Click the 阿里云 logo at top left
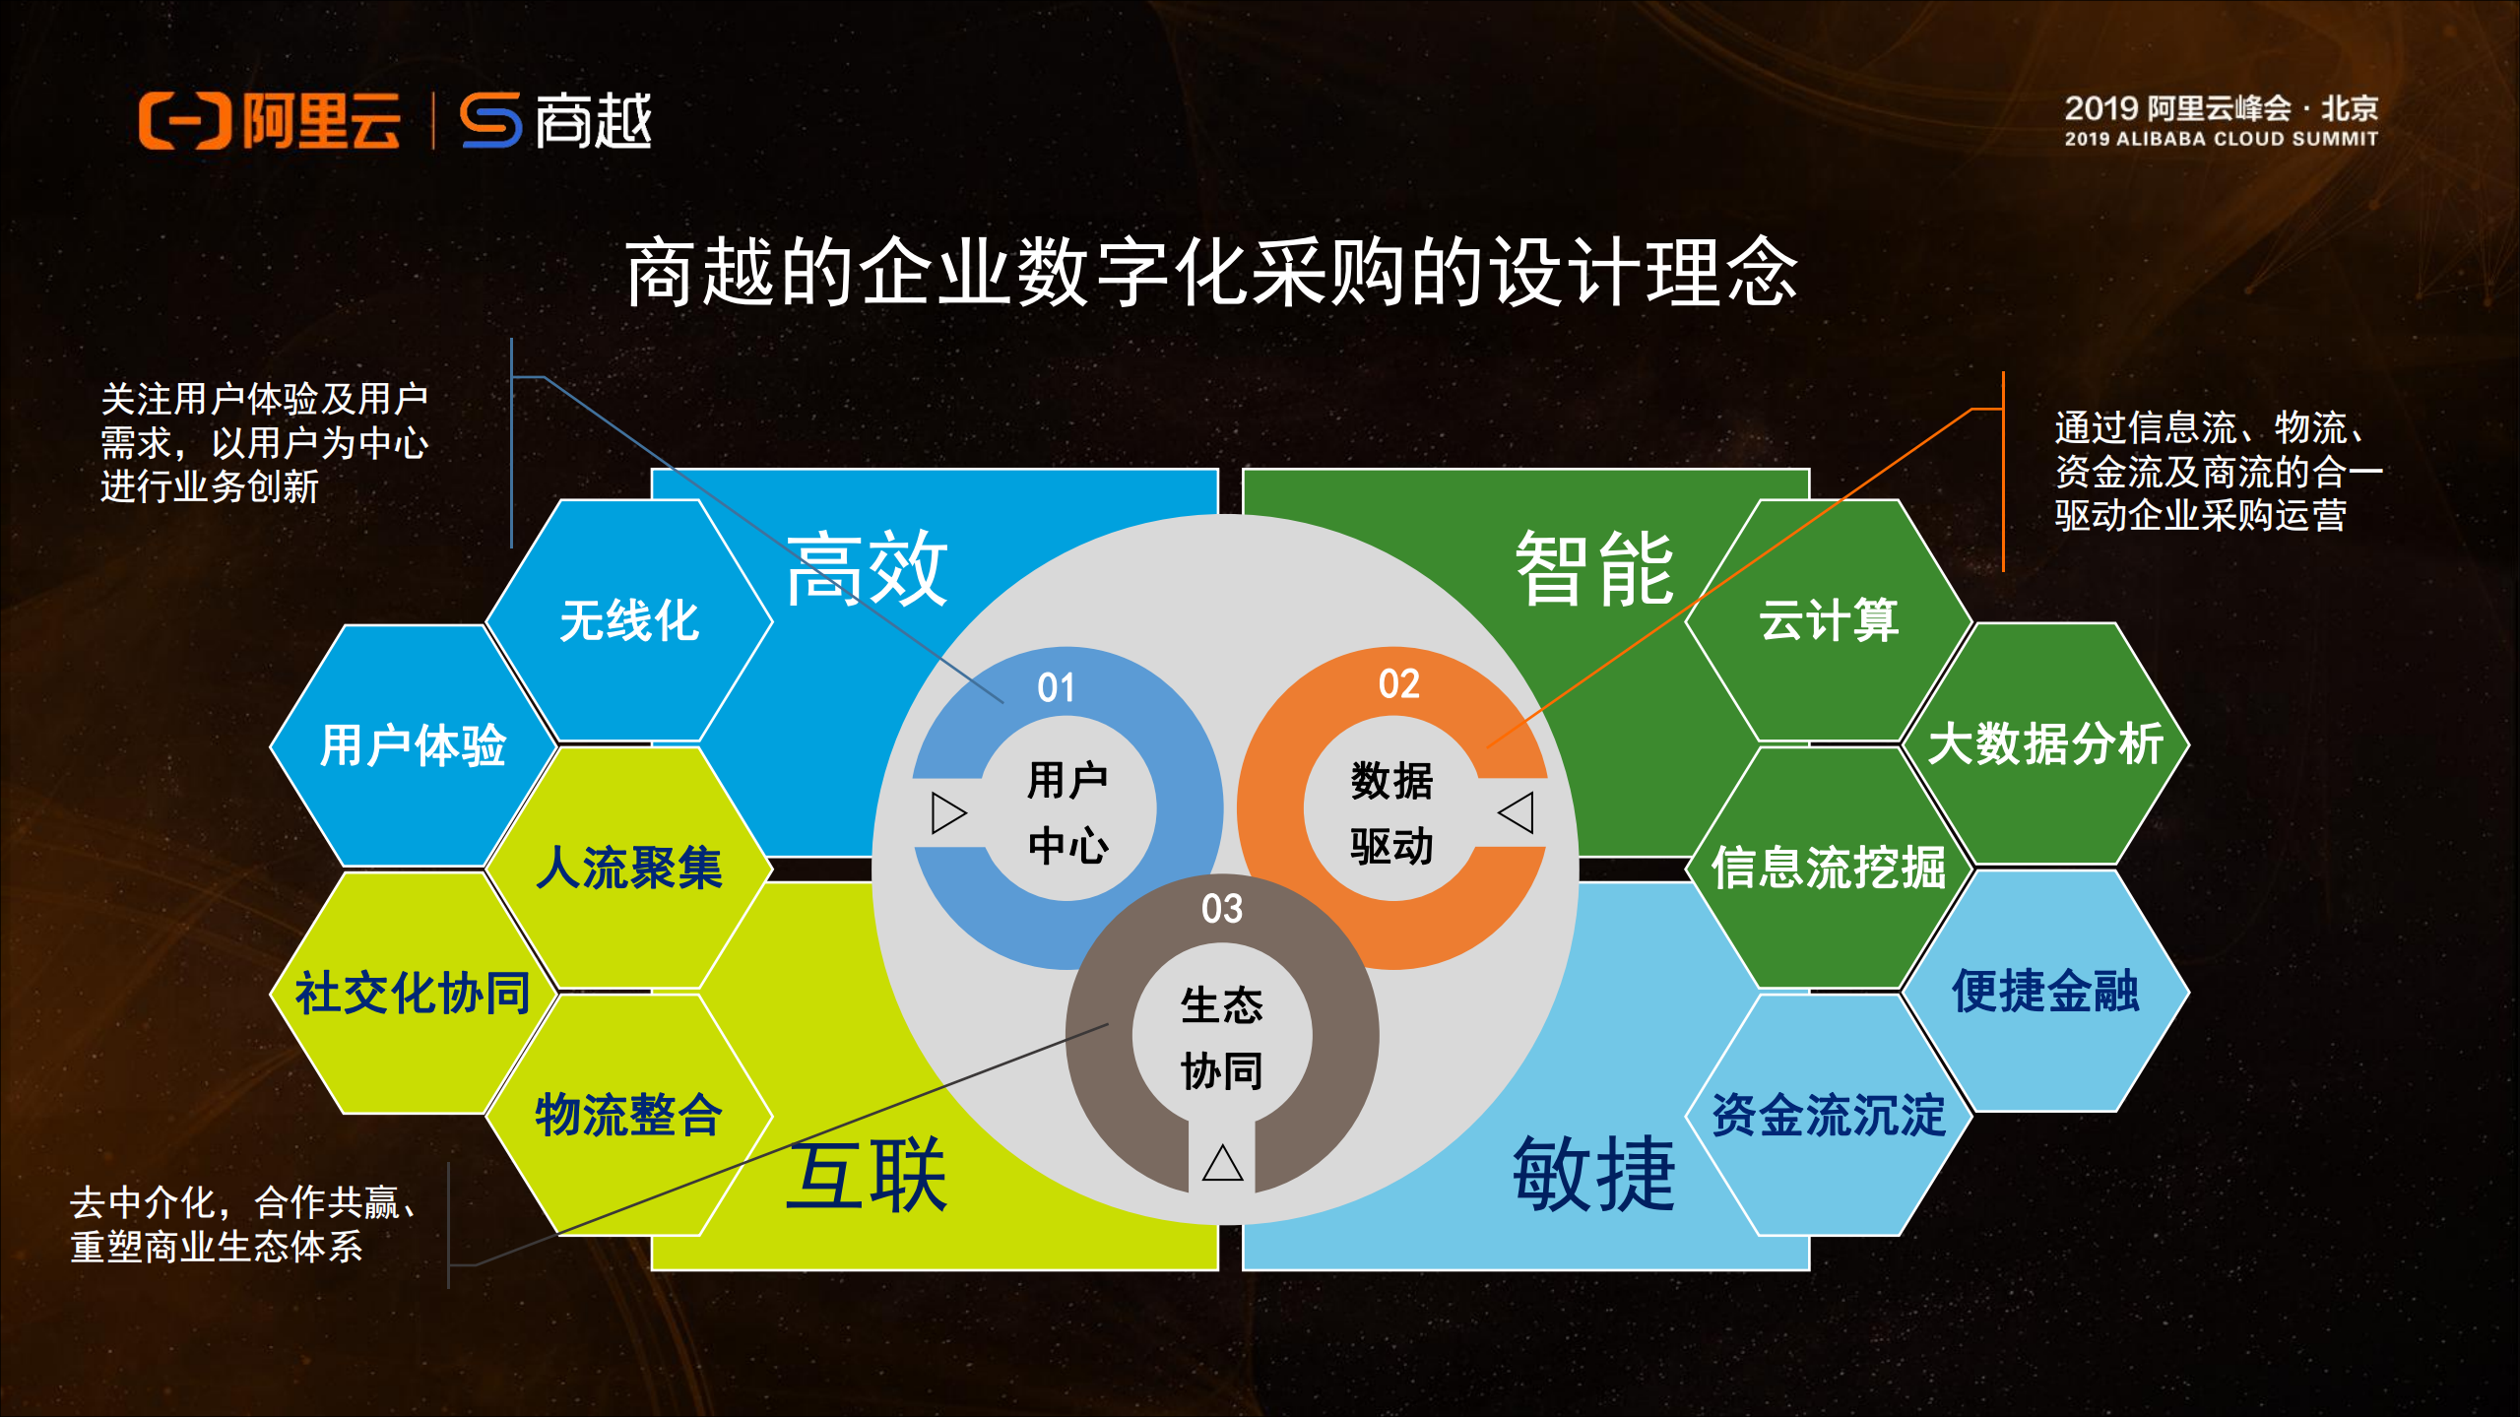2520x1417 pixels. tap(269, 121)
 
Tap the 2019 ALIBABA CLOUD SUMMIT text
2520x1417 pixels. tap(2221, 139)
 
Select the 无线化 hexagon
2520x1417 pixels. tap(629, 621)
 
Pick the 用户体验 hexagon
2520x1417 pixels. tap(413, 745)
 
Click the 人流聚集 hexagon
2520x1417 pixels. tap(629, 868)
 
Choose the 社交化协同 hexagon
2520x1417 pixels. tap(413, 993)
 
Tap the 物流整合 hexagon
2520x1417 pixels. tap(629, 1116)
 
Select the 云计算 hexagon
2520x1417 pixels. tap(1829, 620)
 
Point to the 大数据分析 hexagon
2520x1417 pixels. tap(2045, 743)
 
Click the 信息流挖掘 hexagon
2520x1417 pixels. tap(1829, 868)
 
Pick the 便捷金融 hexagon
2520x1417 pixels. tap(2045, 991)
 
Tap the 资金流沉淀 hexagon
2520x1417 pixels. tap(1829, 1116)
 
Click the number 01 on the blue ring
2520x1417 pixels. tap(1056, 687)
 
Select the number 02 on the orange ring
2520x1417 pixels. tap(1398, 683)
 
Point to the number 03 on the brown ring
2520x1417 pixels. tap(1222, 908)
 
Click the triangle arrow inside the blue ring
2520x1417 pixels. tap(948, 813)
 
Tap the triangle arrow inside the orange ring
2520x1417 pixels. tap(1517, 812)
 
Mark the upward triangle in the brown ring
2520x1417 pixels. tap(1222, 1163)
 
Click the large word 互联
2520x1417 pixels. tap(867, 1175)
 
